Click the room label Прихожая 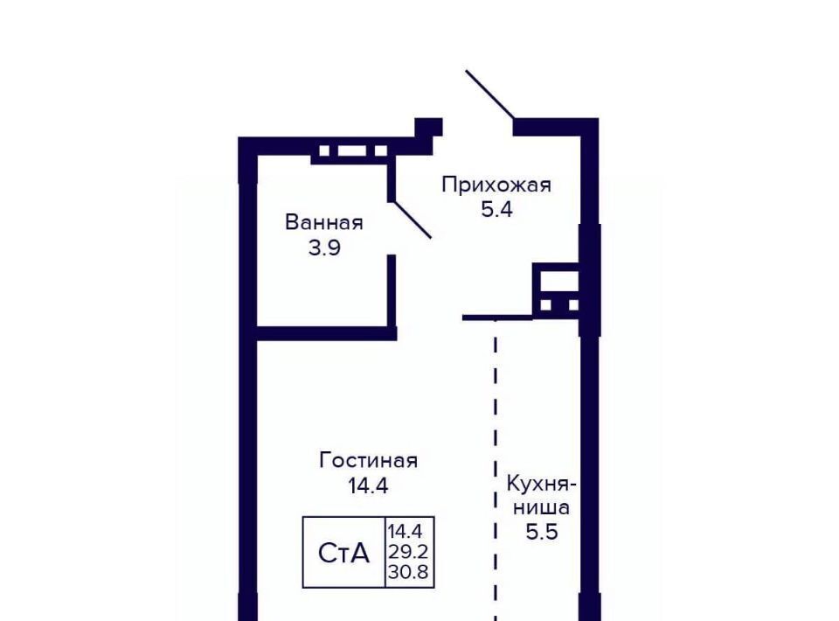496,185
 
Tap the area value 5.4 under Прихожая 496,209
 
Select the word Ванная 323,223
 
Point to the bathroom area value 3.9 324,248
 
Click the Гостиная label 368,461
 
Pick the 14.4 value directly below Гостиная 368,486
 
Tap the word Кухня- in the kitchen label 542,485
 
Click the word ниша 542,507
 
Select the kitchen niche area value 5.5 542,532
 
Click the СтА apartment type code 343,553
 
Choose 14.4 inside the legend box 405,532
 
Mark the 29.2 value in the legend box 408,552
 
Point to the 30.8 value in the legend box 408,572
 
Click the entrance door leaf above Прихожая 490,94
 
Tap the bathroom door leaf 412,220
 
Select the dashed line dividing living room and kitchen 496,470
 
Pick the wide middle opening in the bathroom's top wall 351,150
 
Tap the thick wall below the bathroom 326,333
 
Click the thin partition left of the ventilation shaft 497,318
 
